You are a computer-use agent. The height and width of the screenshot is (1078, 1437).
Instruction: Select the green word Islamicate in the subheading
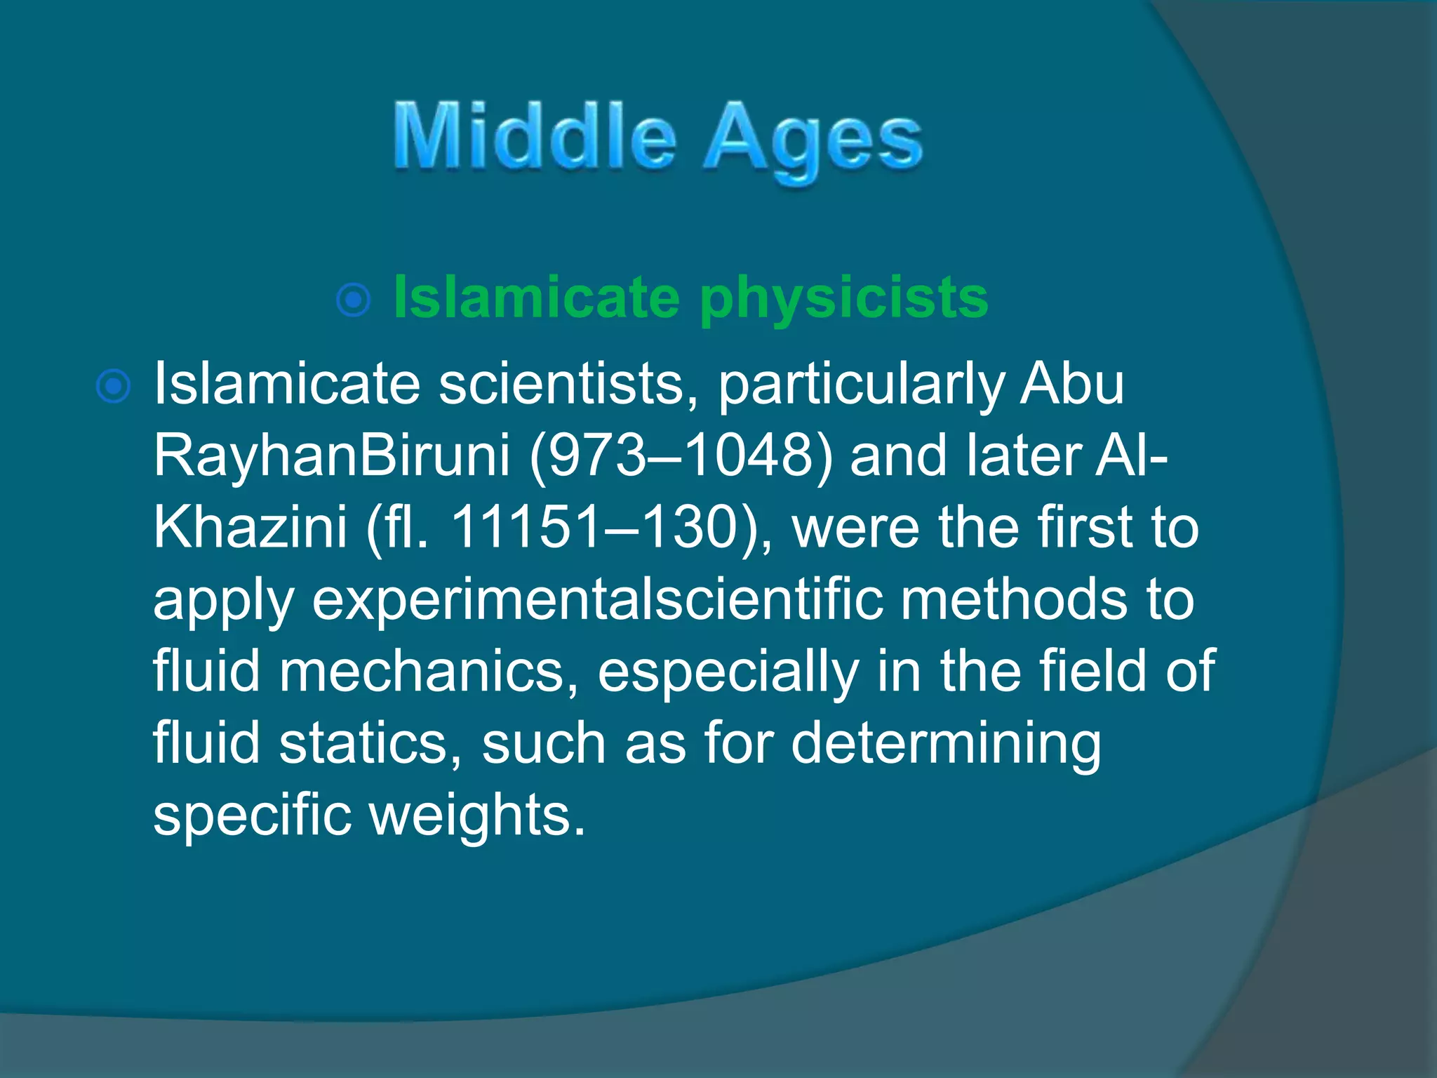536,297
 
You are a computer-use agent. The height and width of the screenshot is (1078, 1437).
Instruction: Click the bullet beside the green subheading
354,301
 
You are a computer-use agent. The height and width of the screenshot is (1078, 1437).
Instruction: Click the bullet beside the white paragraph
113,387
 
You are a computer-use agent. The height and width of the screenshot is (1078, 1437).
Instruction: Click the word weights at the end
477,816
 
